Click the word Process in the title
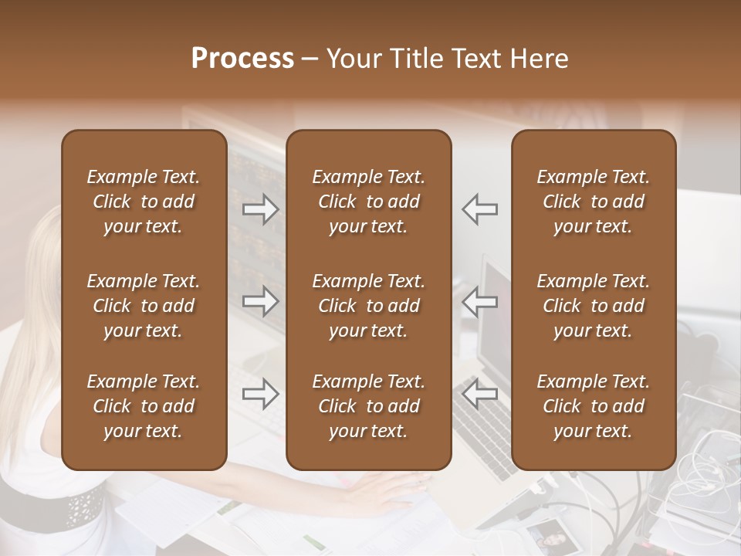[242, 59]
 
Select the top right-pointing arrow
[260, 209]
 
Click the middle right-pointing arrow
[260, 301]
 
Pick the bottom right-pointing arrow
[260, 394]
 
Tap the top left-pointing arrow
[480, 209]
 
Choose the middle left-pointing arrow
[480, 301]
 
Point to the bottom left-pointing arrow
[480, 394]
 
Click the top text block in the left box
[144, 202]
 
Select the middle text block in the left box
[144, 306]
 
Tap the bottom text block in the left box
[144, 406]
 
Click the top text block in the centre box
[368, 202]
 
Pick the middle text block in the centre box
[368, 306]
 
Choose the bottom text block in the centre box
[368, 406]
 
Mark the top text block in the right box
[593, 202]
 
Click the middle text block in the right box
[593, 306]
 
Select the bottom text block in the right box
[593, 406]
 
